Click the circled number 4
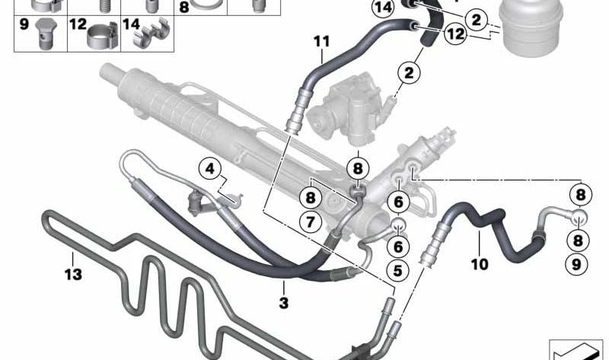click(x=210, y=167)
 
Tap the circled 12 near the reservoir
click(x=455, y=33)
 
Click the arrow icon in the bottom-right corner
click(x=575, y=349)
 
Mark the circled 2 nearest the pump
click(x=410, y=73)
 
